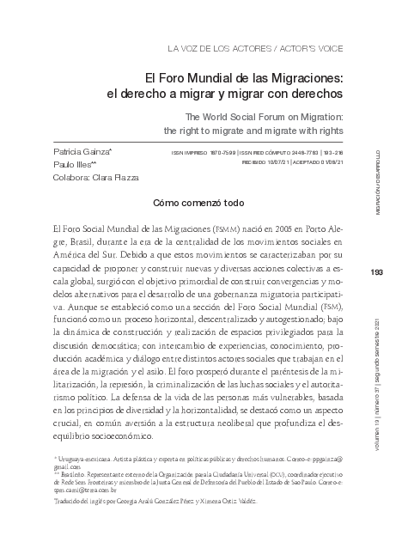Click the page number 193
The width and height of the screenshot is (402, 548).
tap(378, 272)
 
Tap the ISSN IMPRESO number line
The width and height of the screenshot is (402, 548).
tap(203, 151)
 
